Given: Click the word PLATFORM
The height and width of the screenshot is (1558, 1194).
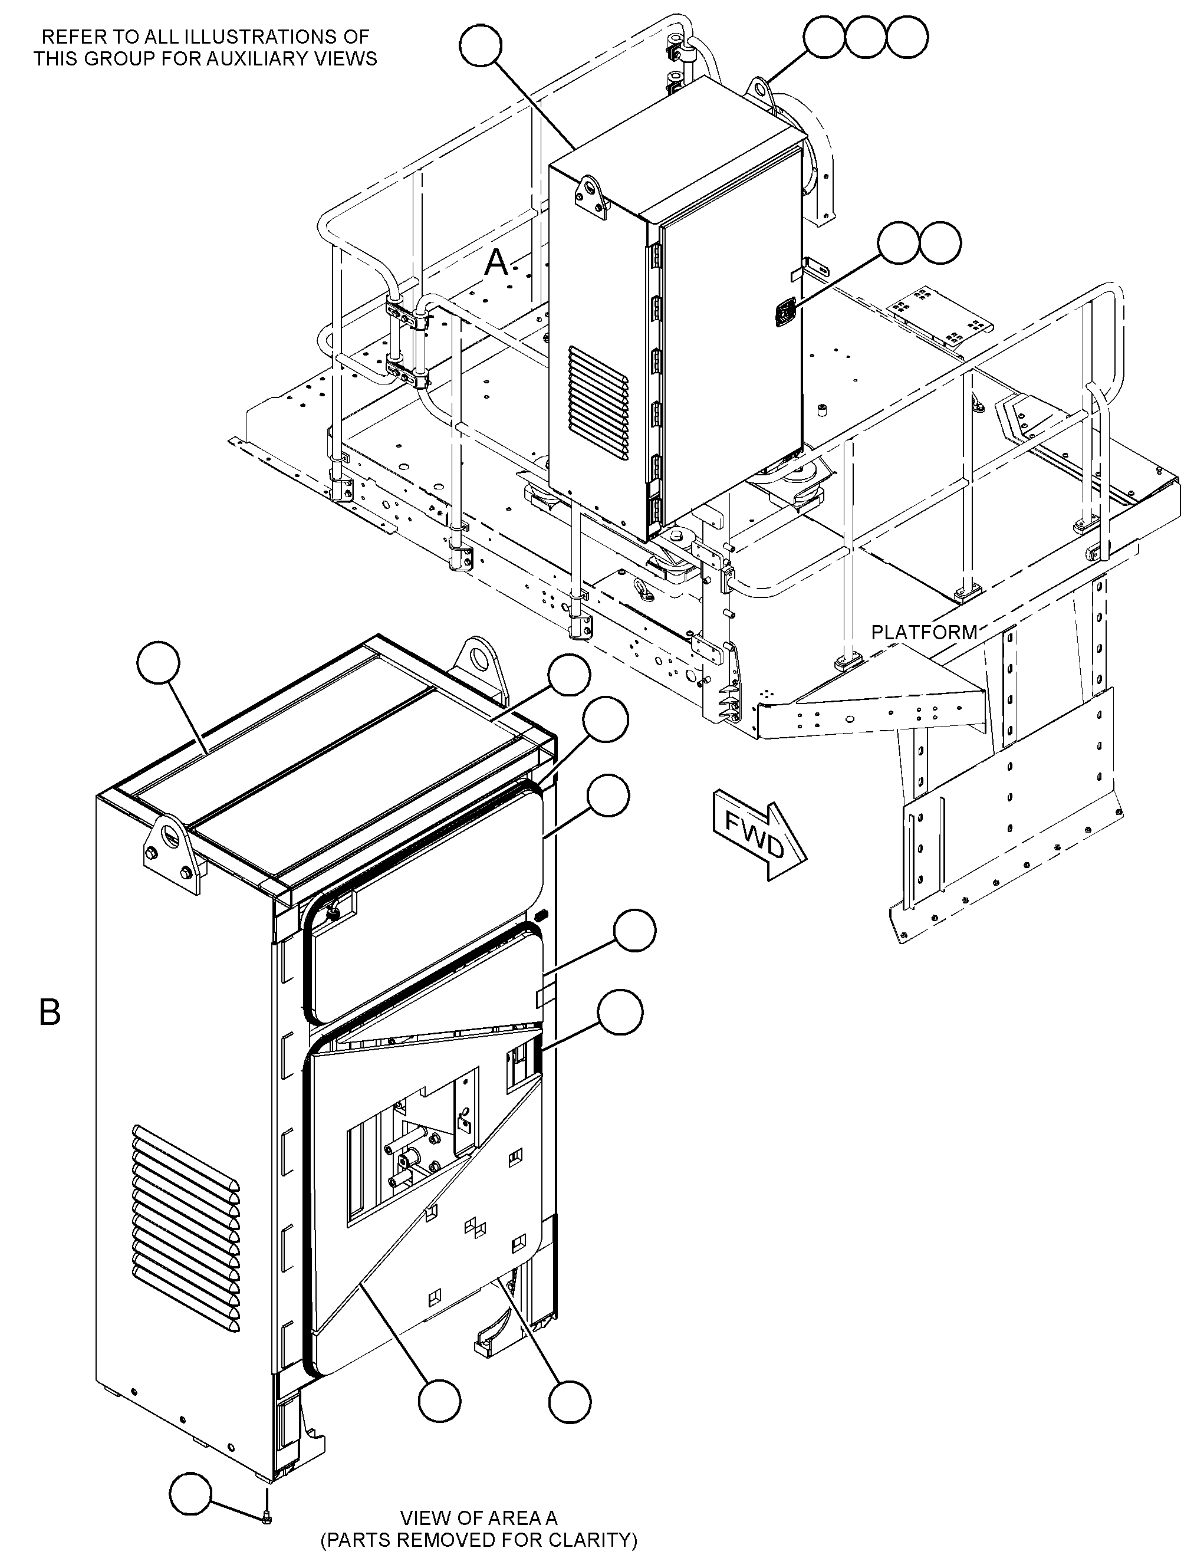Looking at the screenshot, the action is click(924, 632).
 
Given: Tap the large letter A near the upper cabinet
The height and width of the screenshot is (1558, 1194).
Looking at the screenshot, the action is click(496, 263).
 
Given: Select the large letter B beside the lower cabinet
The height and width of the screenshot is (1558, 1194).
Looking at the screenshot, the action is click(49, 1012).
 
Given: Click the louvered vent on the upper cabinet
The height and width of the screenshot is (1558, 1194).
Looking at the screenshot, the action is click(598, 402).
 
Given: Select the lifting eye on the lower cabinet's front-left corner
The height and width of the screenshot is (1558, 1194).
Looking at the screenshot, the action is click(170, 850).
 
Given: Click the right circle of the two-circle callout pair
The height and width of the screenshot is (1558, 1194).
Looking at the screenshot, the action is click(940, 242).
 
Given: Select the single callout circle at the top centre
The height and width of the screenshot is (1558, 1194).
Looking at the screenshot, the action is click(481, 45).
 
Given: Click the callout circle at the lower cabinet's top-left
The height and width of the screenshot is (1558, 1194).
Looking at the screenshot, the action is click(158, 662).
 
